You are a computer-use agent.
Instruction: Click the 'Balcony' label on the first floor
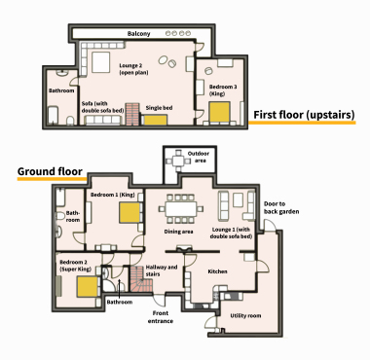139,35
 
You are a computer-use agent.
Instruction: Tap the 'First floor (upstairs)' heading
304,116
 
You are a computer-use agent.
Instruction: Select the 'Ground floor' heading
49,173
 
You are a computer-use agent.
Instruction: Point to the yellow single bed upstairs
155,121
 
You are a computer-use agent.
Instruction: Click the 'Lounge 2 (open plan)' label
133,71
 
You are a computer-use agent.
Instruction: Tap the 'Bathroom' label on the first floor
61,91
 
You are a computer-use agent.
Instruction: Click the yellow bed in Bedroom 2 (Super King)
87,287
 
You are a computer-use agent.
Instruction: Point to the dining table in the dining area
179,207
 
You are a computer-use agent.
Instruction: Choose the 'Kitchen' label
218,271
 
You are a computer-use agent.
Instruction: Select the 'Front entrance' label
162,316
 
